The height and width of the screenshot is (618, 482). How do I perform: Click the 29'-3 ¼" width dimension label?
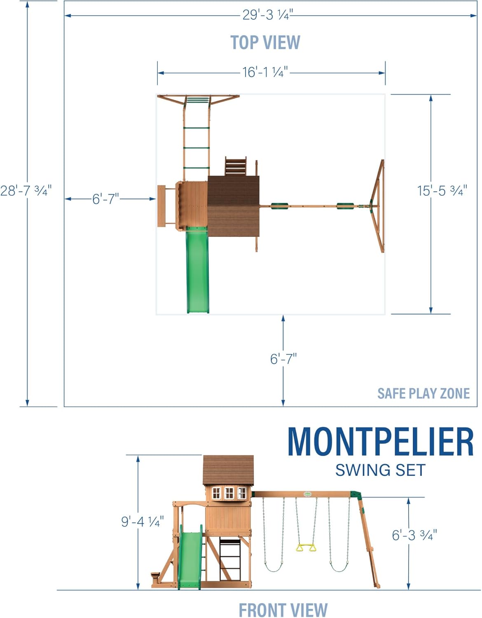(x=268, y=15)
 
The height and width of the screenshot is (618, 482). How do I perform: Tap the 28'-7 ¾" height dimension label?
(x=26, y=190)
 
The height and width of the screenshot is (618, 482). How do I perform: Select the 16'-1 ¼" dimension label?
(x=265, y=72)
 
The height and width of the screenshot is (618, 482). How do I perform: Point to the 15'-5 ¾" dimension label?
(x=442, y=190)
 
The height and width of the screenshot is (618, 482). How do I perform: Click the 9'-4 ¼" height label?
(x=143, y=521)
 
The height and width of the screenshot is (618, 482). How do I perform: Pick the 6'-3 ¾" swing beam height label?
(x=414, y=535)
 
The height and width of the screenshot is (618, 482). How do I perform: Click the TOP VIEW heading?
(x=265, y=42)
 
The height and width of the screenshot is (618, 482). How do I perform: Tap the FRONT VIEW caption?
(x=283, y=609)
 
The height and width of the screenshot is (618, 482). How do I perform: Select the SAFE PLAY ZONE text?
(x=424, y=393)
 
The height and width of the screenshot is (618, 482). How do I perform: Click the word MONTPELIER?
(x=381, y=442)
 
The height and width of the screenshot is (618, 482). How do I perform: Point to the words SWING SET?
(x=380, y=470)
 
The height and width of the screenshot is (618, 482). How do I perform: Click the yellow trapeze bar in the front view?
(x=306, y=548)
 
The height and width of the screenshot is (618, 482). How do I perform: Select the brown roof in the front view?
(x=228, y=470)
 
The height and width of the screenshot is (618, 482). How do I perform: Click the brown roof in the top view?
(x=234, y=206)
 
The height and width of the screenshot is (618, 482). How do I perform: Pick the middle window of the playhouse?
(x=229, y=493)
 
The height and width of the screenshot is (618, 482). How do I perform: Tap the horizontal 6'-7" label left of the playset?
(x=105, y=199)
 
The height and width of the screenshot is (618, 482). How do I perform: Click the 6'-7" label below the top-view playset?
(x=283, y=358)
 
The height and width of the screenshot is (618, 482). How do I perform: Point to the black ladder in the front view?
(x=230, y=560)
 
